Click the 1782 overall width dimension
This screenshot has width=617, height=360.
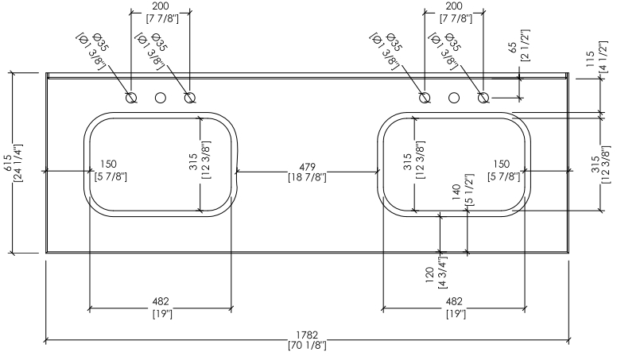click(307, 335)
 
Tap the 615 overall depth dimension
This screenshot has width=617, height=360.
click(8, 162)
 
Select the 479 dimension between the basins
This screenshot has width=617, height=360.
click(307, 167)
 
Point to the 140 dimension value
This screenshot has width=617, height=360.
click(457, 192)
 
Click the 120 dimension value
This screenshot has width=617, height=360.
click(429, 275)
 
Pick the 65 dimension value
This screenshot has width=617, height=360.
click(513, 47)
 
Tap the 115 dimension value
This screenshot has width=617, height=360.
click(590, 59)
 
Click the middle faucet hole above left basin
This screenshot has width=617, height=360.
click(161, 98)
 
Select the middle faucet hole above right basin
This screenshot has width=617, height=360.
click(454, 98)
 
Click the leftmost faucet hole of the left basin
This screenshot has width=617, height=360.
click(131, 98)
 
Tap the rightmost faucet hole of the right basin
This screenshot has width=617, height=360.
click(483, 98)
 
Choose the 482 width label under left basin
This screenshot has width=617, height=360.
click(161, 301)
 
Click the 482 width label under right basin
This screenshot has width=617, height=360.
click(454, 301)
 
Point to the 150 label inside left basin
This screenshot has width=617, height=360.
click(109, 164)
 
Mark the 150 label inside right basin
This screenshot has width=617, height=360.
click(501, 164)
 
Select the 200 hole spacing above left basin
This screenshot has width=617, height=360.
click(161, 6)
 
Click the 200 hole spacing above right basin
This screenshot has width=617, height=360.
click(454, 6)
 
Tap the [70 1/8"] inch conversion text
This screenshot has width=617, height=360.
click(307, 346)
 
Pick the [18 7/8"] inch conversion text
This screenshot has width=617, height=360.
click(308, 177)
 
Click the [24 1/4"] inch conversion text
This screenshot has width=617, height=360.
click(18, 162)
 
